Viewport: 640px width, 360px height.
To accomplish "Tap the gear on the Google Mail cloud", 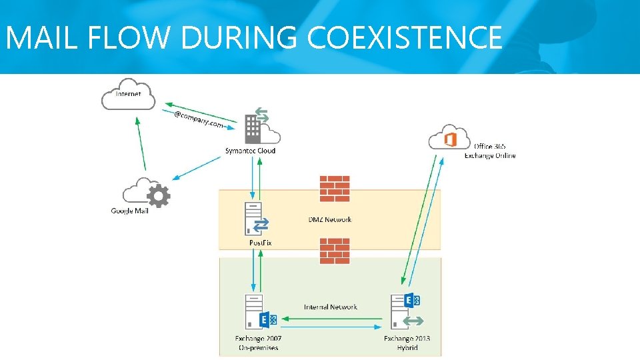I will [x=158, y=196].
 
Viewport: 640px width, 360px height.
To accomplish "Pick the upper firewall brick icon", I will [x=335, y=189].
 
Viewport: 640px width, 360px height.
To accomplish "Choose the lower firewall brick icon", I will [x=335, y=251].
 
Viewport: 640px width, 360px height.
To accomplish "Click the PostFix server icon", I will [x=254, y=218].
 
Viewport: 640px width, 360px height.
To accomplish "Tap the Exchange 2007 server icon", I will [x=253, y=311].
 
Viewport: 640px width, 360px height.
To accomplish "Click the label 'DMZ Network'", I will [x=330, y=219].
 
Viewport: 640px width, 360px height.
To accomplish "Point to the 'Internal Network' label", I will [x=330, y=307].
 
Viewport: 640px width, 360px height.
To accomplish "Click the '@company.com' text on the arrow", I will [x=198, y=121].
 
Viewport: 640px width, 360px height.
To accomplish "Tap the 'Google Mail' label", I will [x=129, y=211].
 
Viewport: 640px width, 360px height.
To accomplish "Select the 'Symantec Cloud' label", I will [x=250, y=151].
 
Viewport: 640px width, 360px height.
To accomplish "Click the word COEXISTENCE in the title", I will [x=405, y=38].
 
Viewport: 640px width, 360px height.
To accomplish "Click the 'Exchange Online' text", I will [x=490, y=156].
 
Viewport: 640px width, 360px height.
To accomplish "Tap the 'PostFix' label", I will [x=261, y=243].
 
